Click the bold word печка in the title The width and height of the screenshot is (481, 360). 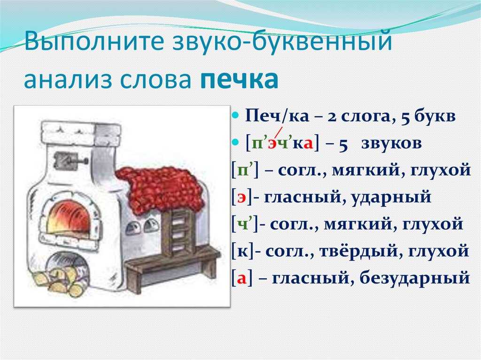tap(240, 79)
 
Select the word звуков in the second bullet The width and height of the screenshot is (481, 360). tap(391, 143)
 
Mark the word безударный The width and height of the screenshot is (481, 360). tap(414, 278)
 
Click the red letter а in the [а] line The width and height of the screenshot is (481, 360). tap(242, 279)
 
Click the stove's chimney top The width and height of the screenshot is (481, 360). tap(81, 134)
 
